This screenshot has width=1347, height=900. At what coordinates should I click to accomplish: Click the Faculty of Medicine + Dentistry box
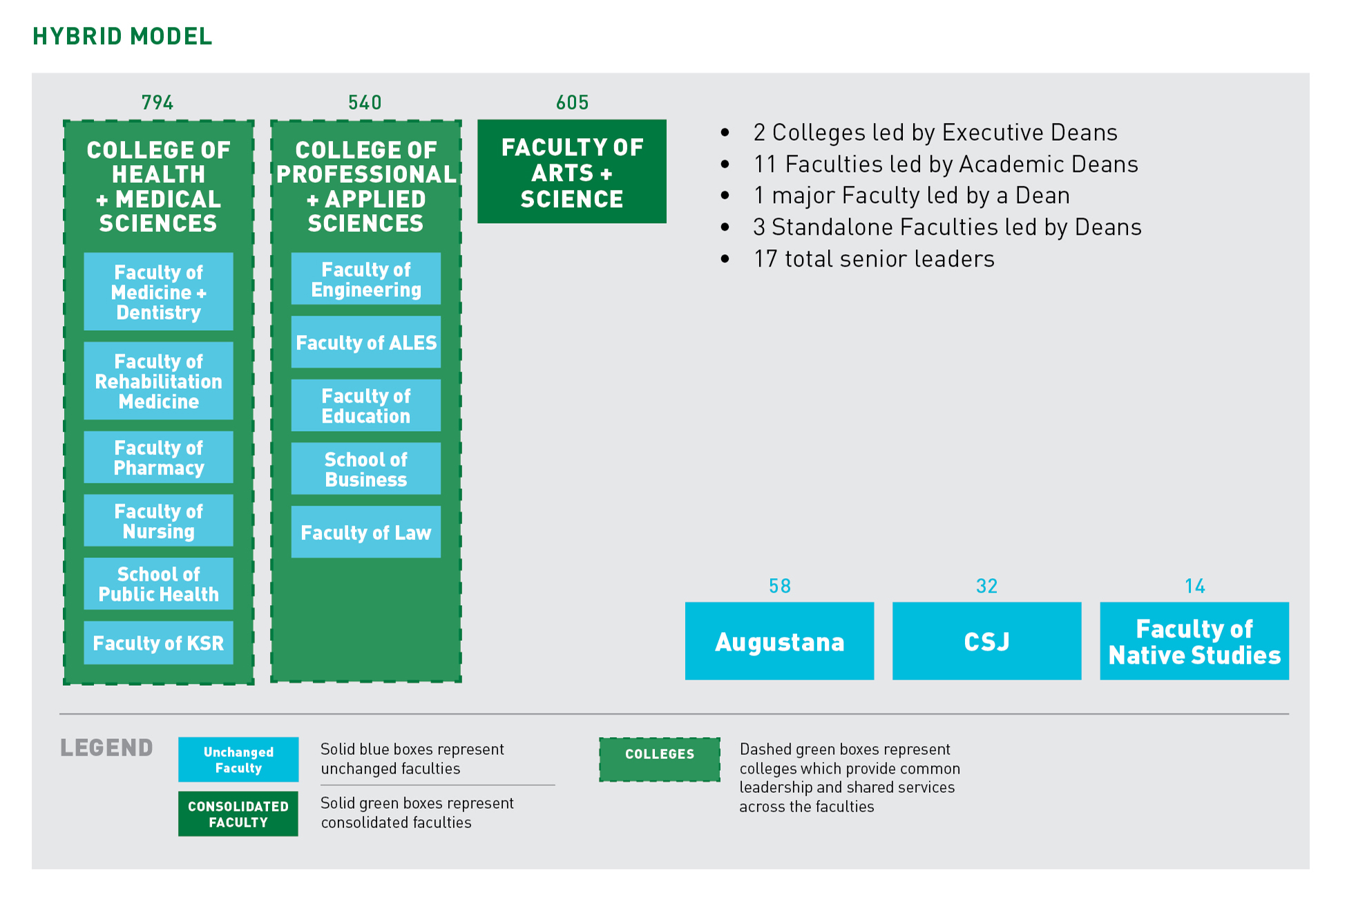point(158,291)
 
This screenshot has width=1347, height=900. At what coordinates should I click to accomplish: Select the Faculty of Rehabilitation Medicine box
point(158,381)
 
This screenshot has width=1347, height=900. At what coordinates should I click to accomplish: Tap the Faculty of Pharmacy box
point(158,457)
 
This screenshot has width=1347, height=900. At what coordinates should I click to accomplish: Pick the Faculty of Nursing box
point(158,521)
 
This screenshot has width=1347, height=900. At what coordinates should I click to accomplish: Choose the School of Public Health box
point(158,584)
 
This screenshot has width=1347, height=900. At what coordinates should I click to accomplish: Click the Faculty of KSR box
point(158,643)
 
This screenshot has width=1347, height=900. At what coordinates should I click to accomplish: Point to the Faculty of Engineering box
point(365,279)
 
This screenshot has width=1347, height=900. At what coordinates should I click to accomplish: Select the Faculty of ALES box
point(365,342)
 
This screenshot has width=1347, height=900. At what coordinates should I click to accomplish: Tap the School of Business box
point(365,469)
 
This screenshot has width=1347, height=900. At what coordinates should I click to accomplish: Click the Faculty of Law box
point(365,532)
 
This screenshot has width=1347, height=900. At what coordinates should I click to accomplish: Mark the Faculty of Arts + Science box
point(571,172)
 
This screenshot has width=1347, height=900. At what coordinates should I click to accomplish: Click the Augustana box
point(779,641)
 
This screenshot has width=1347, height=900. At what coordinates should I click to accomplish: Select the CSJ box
point(986,641)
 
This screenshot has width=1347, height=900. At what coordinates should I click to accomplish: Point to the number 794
point(157,103)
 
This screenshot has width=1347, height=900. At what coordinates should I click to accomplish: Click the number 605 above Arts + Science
point(572,103)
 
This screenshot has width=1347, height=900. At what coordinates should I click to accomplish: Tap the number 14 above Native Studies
point(1194,586)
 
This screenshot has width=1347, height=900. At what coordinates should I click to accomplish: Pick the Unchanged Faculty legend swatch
point(238,759)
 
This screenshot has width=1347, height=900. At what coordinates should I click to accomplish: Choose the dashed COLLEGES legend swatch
point(659,760)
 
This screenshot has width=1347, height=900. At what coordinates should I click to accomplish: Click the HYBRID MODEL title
point(122,37)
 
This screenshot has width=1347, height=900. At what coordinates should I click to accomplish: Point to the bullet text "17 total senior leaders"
point(874,259)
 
